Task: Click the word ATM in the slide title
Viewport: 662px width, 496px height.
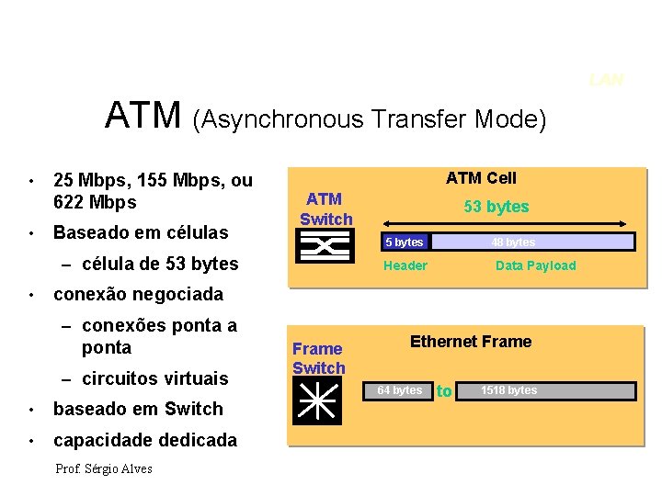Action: click(144, 116)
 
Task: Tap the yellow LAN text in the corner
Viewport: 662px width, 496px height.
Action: click(607, 81)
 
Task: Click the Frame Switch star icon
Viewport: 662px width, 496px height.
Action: click(317, 400)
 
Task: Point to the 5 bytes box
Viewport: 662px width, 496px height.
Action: click(405, 242)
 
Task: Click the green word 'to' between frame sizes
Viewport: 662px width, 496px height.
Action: click(444, 391)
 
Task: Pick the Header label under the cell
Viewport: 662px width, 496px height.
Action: click(405, 265)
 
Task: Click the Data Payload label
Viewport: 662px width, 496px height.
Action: click(535, 265)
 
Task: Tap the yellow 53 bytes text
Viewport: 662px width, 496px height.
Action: click(496, 207)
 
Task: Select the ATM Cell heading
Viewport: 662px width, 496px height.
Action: click(481, 178)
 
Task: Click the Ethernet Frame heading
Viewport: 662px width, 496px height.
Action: click(471, 342)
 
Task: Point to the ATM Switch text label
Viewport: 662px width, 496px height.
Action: click(325, 209)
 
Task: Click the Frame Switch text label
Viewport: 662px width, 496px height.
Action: click(318, 358)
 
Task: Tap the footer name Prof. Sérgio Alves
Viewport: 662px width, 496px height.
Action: click(104, 468)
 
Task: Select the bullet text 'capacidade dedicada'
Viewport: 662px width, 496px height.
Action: click(145, 440)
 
